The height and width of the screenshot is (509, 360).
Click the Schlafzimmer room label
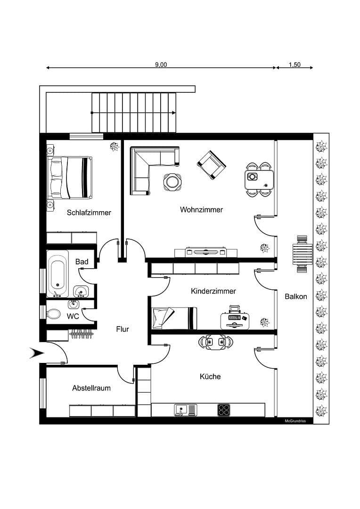pyautogui.click(x=89, y=213)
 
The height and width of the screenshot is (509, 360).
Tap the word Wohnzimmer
pyautogui.click(x=201, y=210)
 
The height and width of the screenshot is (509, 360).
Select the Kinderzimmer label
pyautogui.click(x=213, y=291)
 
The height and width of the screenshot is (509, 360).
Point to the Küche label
pyautogui.click(x=210, y=377)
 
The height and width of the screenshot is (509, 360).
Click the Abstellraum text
pyautogui.click(x=91, y=388)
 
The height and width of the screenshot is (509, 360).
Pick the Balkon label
pyautogui.click(x=296, y=296)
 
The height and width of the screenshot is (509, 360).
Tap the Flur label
pyautogui.click(x=123, y=329)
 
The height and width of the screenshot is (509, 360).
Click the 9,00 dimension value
pyautogui.click(x=161, y=65)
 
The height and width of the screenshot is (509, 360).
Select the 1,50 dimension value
pyautogui.click(x=295, y=65)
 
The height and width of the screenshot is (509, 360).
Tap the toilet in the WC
pyautogui.click(x=54, y=314)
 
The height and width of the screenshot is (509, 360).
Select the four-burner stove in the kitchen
pyautogui.click(x=224, y=410)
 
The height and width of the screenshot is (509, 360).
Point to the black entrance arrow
pyautogui.click(x=36, y=353)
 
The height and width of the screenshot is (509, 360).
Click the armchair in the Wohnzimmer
pyautogui.click(x=212, y=165)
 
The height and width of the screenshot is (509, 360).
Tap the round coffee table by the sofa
pyautogui.click(x=172, y=181)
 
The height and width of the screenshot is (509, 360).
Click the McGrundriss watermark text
pyautogui.click(x=295, y=421)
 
